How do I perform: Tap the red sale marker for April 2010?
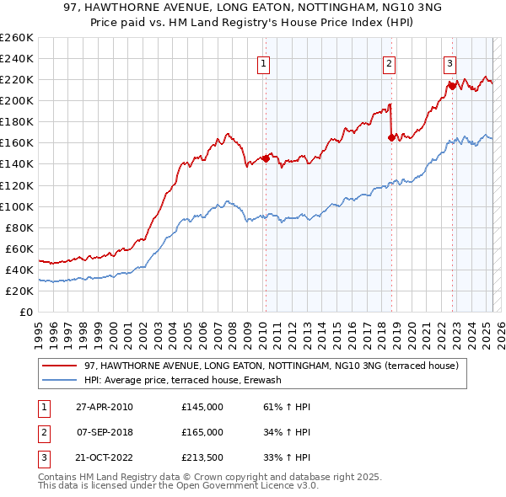pos(266,158)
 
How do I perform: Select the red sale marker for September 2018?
pos(391,137)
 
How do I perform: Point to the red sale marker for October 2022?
pos(452,85)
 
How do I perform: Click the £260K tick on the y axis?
pos(17,38)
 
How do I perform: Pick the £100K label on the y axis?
pos(17,206)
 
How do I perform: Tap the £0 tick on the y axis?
pos(25,312)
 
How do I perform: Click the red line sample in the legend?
pos(59,366)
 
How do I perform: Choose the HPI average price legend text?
pos(182,380)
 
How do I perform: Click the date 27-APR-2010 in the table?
pos(105,407)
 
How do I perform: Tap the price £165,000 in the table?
pos(202,432)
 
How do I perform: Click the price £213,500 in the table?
pos(202,457)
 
